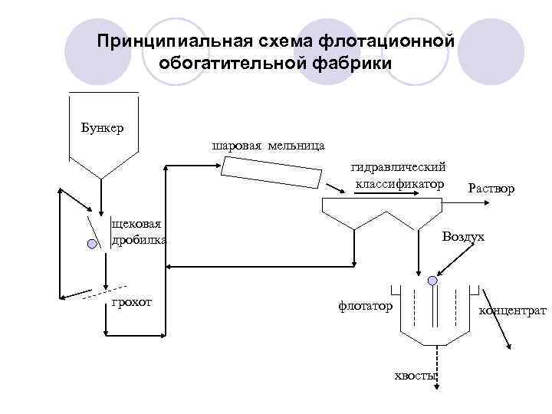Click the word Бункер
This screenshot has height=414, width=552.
(102, 127)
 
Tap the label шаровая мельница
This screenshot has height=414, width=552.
(268, 145)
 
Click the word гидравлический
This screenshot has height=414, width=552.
(399, 167)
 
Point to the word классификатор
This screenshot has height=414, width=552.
(399, 184)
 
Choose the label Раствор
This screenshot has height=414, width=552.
(491, 188)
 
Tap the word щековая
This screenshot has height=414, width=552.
(136, 223)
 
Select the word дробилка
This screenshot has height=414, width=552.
(139, 239)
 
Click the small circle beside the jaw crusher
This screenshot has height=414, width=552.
(92, 244)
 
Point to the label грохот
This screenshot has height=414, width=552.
(131, 302)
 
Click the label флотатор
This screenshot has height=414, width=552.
(365, 306)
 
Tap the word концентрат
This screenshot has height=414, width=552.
(512, 310)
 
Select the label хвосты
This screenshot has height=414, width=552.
(415, 375)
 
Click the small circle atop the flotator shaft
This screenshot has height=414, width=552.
(433, 281)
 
